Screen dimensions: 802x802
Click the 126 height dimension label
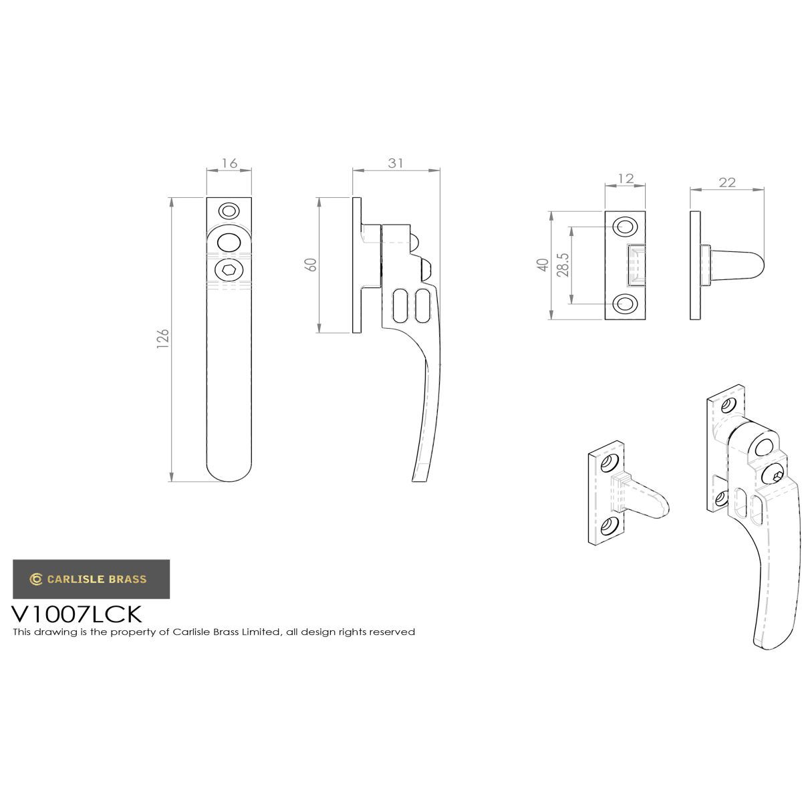(x=162, y=338)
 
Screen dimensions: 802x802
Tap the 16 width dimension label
(x=229, y=163)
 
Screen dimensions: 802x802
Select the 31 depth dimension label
(x=396, y=163)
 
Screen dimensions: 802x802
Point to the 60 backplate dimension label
(x=311, y=265)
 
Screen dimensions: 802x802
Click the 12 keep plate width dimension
(x=626, y=178)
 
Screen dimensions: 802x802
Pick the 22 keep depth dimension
(x=727, y=182)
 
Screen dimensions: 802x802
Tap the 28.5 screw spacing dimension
(x=563, y=265)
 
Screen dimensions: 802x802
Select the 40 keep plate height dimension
(x=543, y=265)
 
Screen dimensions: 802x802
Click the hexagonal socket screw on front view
(x=229, y=271)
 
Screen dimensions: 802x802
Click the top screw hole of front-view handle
(x=229, y=211)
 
